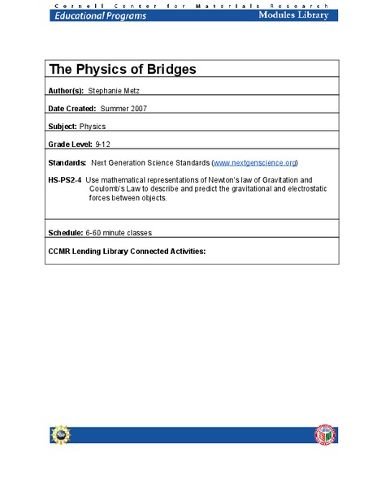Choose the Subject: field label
click(63, 126)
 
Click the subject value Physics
click(93, 126)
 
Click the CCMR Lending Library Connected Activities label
click(128, 251)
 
